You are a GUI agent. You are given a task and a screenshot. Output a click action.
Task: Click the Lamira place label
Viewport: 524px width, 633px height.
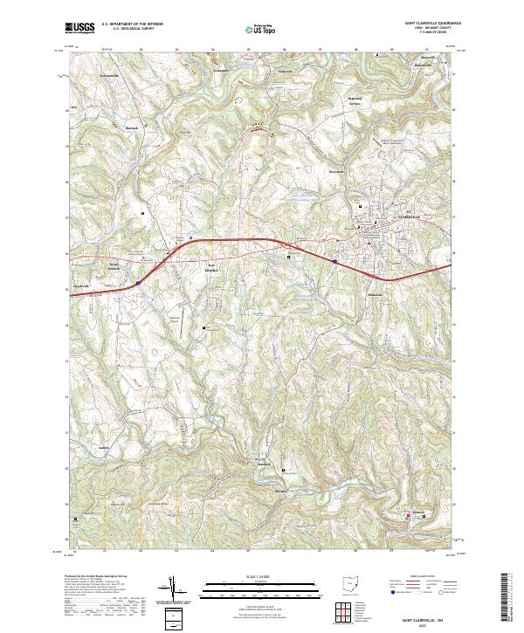(x=104, y=447)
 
